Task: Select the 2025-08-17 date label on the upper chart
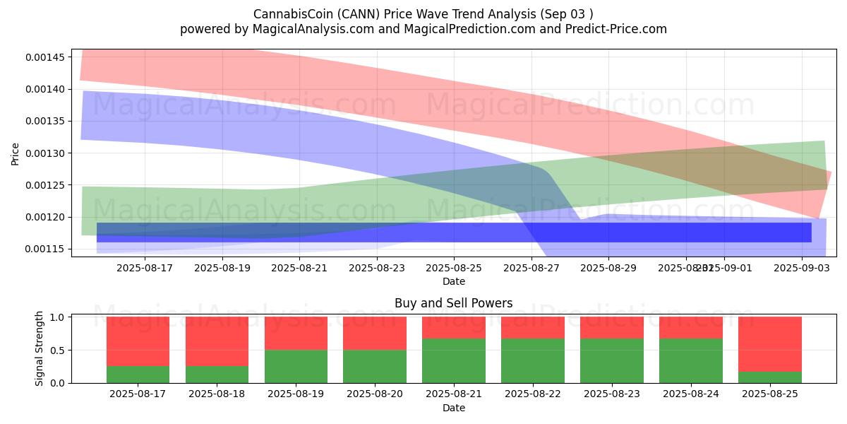pyautogui.click(x=145, y=268)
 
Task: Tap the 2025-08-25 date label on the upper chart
pyautogui.click(x=453, y=268)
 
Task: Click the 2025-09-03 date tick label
pyautogui.click(x=803, y=268)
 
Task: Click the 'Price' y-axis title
pyautogui.click(x=16, y=153)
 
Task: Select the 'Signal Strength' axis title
pyautogui.click(x=40, y=348)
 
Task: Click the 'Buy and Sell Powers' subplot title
pyautogui.click(x=453, y=303)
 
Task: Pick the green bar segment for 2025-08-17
pyautogui.click(x=138, y=375)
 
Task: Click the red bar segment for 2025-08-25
pyautogui.click(x=769, y=344)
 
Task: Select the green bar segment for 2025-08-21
pyautogui.click(x=453, y=360)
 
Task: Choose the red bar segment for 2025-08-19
pyautogui.click(x=296, y=333)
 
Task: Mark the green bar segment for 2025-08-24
pyautogui.click(x=690, y=360)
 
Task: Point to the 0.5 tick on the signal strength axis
pyautogui.click(x=59, y=350)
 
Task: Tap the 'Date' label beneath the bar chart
pyautogui.click(x=453, y=408)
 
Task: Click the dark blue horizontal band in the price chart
pyautogui.click(x=453, y=232)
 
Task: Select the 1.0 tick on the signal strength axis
pyautogui.click(x=59, y=317)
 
